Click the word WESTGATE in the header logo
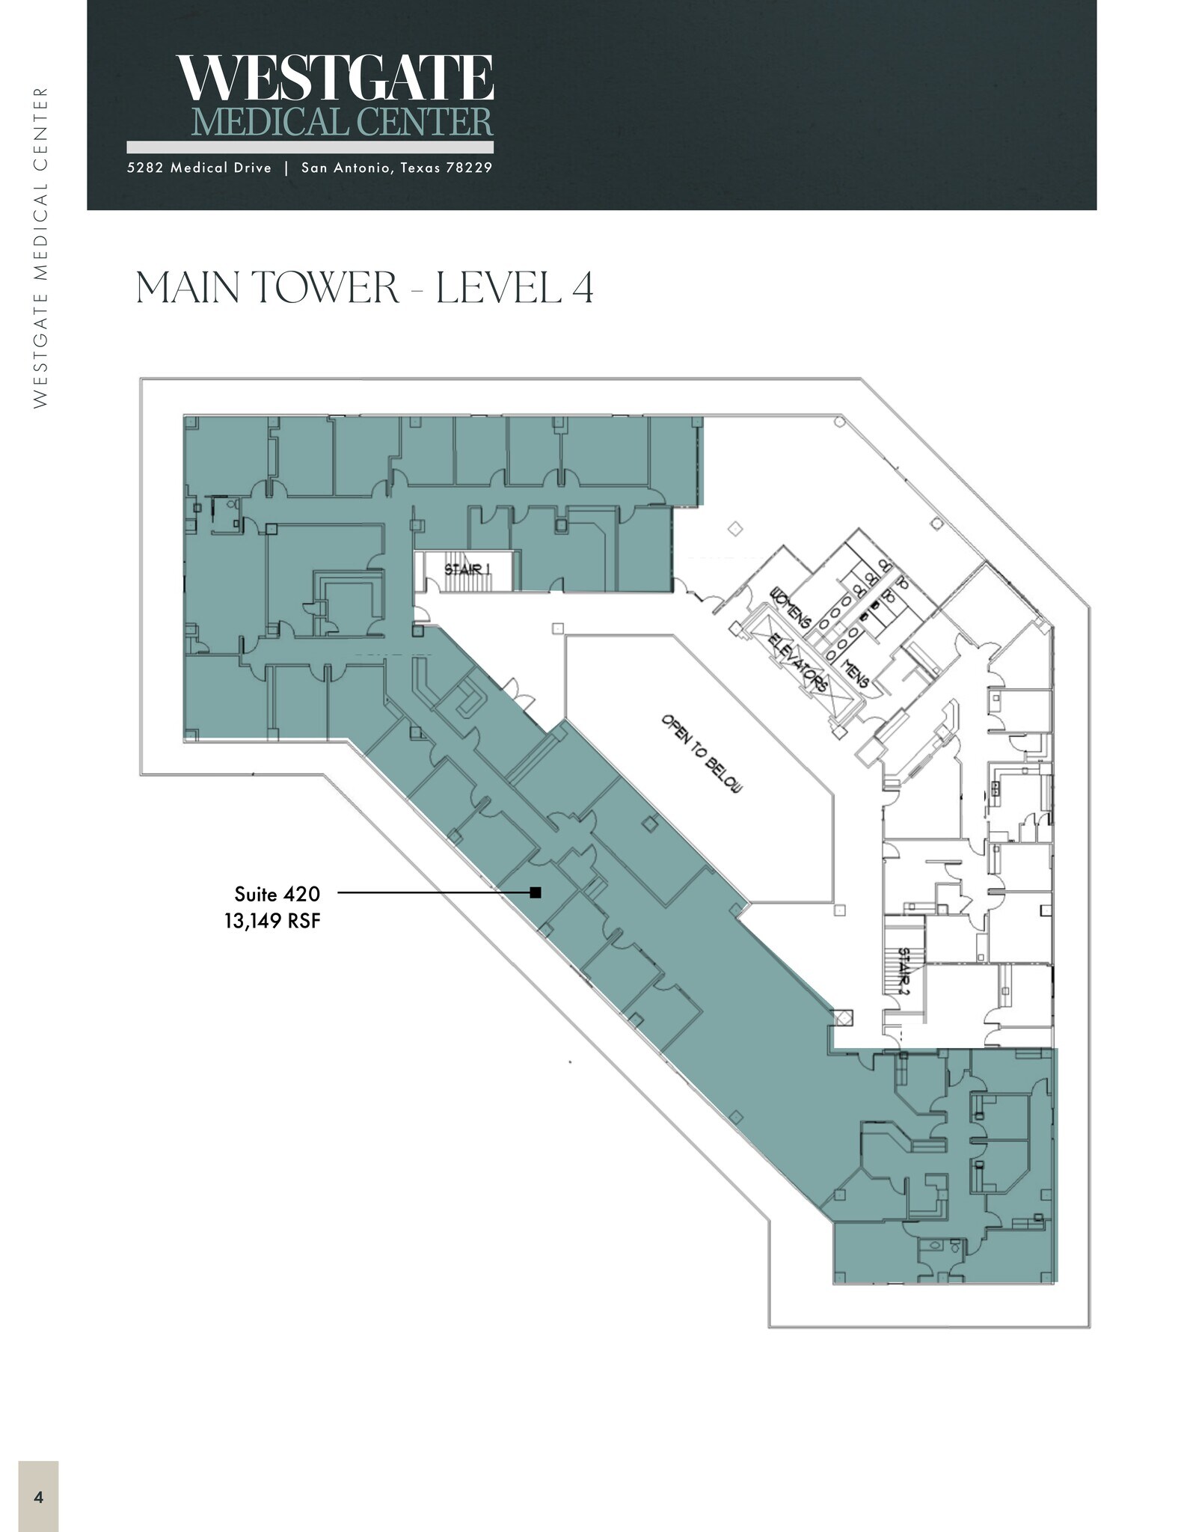tap(335, 78)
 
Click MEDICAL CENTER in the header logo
tap(343, 122)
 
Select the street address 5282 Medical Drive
tap(199, 168)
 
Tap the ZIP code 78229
tap(469, 168)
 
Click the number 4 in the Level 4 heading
tap(583, 288)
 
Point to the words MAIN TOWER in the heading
tap(268, 288)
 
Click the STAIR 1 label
tap(467, 569)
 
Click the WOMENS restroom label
tap(791, 607)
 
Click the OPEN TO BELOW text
tap(701, 754)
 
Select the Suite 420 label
tap(277, 894)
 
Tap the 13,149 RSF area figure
tap(272, 920)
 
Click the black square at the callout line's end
tap(536, 892)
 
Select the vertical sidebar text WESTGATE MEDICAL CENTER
tap(40, 247)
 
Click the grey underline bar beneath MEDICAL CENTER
tap(310, 147)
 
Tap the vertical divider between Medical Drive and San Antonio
tap(286, 168)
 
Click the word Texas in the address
tap(420, 168)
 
